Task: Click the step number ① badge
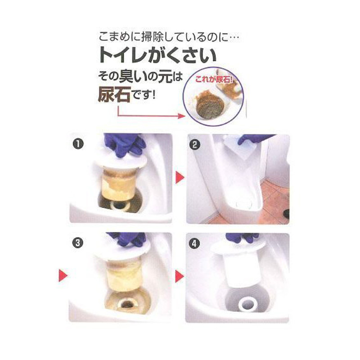(78, 144)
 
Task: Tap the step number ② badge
(195, 145)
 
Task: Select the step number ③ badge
(77, 243)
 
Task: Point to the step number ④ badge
(194, 243)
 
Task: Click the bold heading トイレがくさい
(157, 55)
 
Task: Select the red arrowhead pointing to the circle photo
(181, 116)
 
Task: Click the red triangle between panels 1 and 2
(180, 178)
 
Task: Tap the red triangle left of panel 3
(63, 275)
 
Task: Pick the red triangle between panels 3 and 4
(180, 276)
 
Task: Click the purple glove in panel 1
(125, 144)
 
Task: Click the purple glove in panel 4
(242, 238)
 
